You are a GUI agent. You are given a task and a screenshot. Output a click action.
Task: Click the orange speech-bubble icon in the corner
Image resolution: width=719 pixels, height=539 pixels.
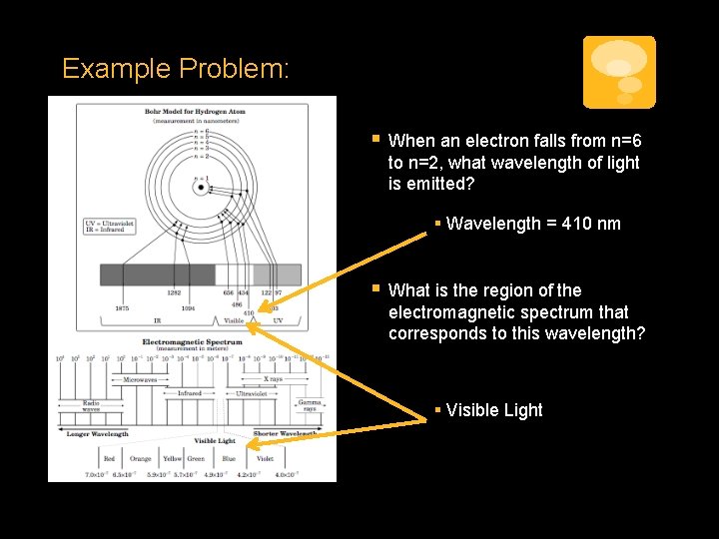[x=619, y=72]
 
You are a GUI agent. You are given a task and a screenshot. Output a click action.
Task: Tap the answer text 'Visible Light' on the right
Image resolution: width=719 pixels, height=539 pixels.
[x=494, y=410]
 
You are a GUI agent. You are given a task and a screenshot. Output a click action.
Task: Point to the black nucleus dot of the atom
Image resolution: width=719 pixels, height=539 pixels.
[x=201, y=187]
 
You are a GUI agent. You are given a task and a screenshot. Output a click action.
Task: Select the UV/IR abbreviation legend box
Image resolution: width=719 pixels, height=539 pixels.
[x=111, y=225]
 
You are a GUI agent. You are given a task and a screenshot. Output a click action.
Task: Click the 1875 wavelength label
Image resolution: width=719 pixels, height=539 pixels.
[x=121, y=308]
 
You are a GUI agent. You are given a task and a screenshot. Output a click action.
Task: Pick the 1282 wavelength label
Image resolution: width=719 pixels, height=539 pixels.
[x=174, y=292]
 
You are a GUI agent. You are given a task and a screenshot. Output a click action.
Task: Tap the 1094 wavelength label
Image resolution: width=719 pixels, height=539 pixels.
[x=188, y=308]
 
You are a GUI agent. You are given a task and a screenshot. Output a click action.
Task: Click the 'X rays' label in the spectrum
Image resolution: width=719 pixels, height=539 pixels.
[x=272, y=380]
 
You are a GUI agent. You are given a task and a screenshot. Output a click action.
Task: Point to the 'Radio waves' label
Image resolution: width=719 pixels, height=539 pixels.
[x=91, y=406]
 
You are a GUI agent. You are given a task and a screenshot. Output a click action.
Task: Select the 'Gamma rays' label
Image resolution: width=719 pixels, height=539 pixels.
[x=310, y=406]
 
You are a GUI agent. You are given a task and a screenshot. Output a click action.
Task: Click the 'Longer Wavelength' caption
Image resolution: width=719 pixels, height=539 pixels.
[x=97, y=434]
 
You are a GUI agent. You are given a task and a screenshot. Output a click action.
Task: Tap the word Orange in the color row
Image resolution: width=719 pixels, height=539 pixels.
[x=141, y=459]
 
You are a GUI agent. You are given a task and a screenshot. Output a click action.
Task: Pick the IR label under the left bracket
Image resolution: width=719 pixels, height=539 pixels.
[x=157, y=320]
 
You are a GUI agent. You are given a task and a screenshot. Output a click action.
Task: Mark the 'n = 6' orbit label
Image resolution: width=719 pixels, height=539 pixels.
[x=205, y=132]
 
